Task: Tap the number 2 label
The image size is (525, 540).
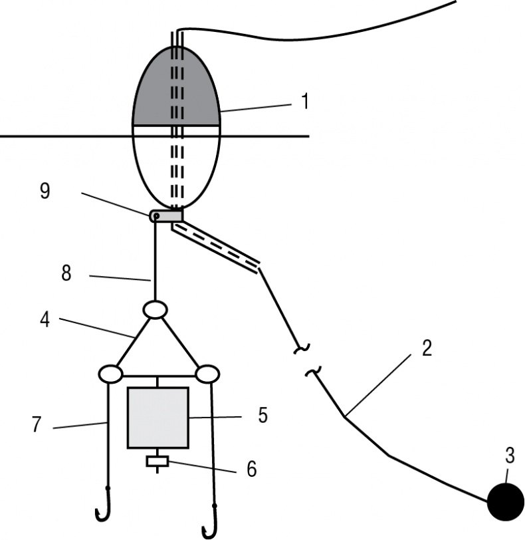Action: pos(426,347)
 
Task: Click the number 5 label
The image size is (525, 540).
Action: pos(263,416)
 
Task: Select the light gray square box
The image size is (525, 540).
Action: pos(158,417)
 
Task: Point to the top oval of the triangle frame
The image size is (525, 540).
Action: pos(155,310)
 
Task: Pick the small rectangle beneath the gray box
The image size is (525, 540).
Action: pos(157,461)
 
